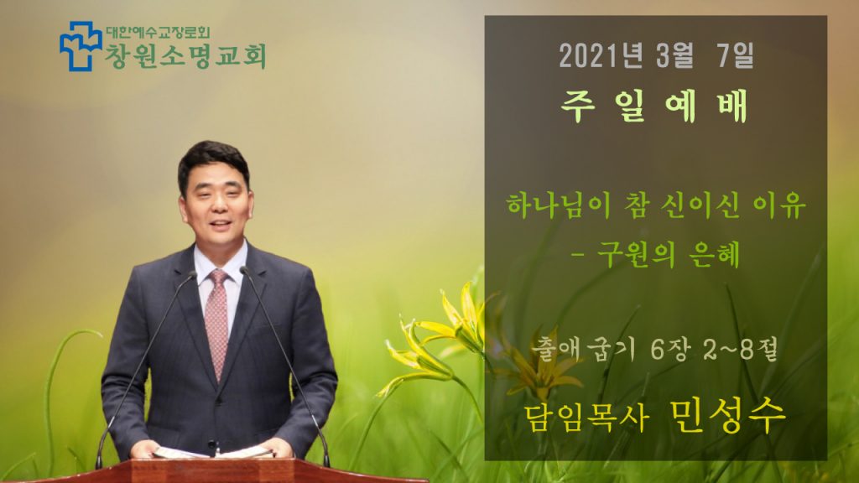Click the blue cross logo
81,46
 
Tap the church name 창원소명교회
185,56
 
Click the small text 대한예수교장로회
157,33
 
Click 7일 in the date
735,55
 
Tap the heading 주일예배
654,106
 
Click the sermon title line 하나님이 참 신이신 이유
656,205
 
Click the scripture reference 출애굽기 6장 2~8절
654,350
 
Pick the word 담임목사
586,418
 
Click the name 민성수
727,416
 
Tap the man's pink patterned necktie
217,321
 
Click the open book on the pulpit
213,452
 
